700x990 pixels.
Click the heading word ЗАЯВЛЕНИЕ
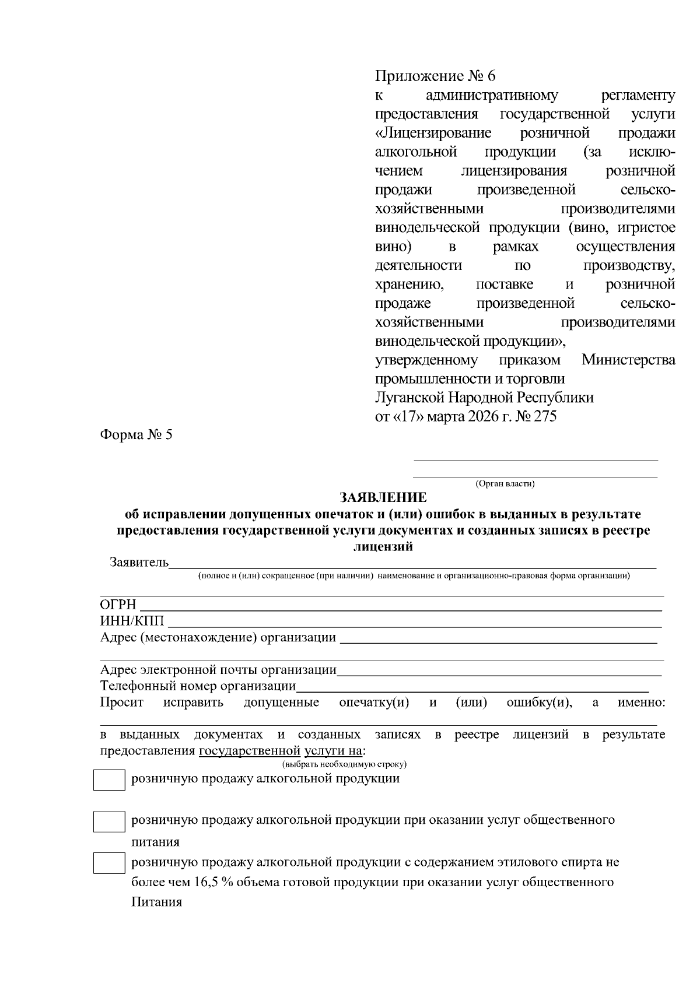tap(383, 497)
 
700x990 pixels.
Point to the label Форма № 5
tap(136, 435)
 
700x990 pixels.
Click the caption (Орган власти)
tap(505, 483)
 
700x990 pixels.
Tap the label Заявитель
tap(139, 563)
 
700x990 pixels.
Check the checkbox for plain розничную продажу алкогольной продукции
tap(109, 780)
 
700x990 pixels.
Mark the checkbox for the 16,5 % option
tap(109, 863)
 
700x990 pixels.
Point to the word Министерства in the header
tap(628, 360)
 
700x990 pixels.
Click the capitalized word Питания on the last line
tap(156, 903)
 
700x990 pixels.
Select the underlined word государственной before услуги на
tap(250, 750)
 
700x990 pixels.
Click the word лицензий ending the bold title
tap(383, 547)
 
